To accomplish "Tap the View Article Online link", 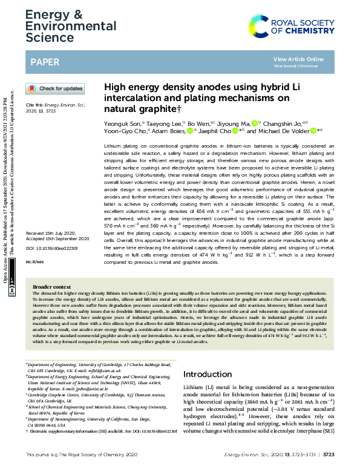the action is pos(307,59).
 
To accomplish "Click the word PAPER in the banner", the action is pos(46,61).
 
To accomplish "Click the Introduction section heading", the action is pos(207,374).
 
